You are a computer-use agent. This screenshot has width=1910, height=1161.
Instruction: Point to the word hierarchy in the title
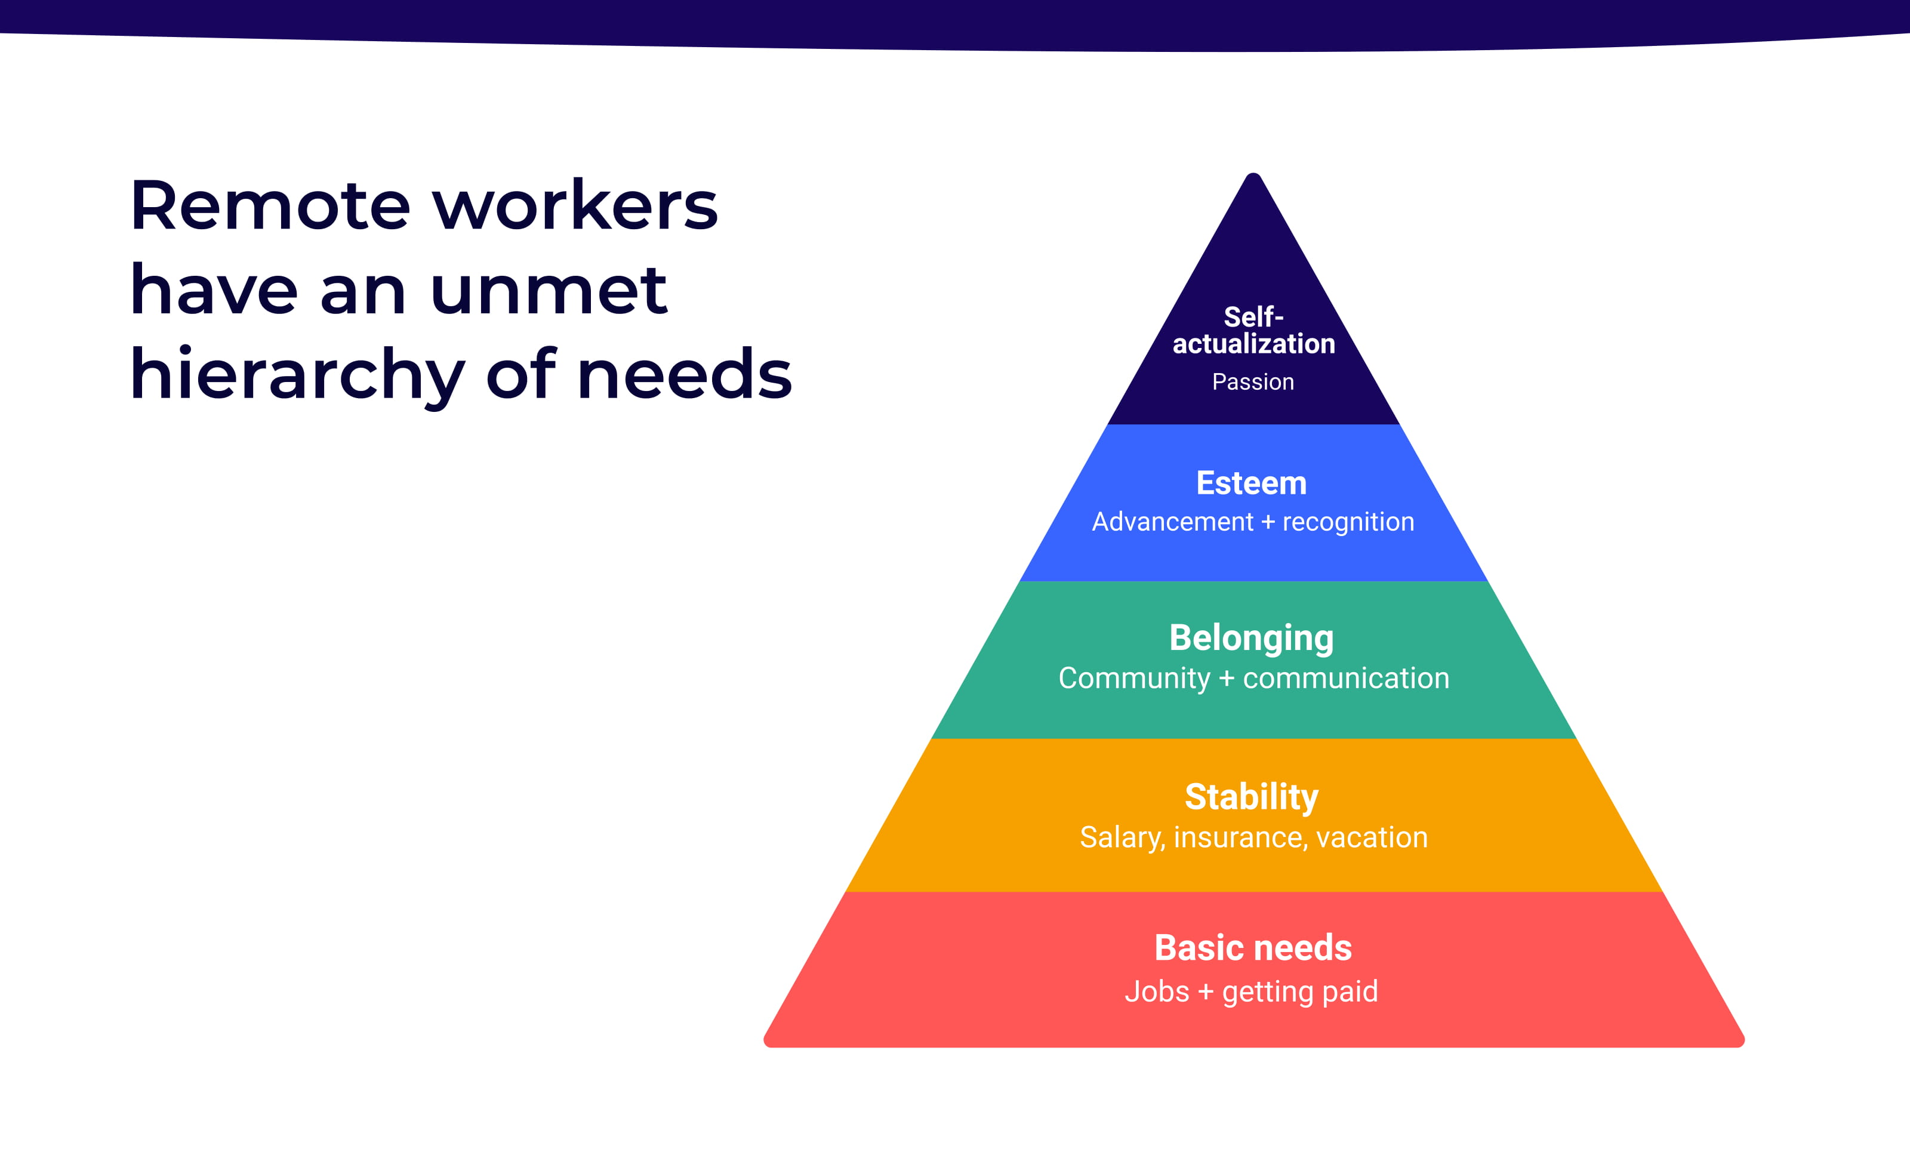[x=297, y=377]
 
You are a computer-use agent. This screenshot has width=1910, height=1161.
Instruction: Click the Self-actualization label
[x=1253, y=330]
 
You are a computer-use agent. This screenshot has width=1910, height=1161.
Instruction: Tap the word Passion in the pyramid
[x=1253, y=382]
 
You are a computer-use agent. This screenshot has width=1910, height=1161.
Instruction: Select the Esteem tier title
[x=1251, y=483]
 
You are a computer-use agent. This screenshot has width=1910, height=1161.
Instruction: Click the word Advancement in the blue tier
[x=1172, y=522]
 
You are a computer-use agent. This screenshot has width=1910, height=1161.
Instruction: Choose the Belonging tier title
[x=1251, y=639]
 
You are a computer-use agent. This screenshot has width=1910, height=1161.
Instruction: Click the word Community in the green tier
[x=1133, y=679]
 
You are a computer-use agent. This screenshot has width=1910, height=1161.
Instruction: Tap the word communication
[x=1346, y=679]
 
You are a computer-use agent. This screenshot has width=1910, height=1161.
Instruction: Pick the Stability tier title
[x=1251, y=797]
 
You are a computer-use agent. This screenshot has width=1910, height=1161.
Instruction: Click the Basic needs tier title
[x=1253, y=948]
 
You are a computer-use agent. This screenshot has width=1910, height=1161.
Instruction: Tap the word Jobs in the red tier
[x=1157, y=992]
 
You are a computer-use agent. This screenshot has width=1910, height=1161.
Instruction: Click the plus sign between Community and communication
[x=1227, y=679]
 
